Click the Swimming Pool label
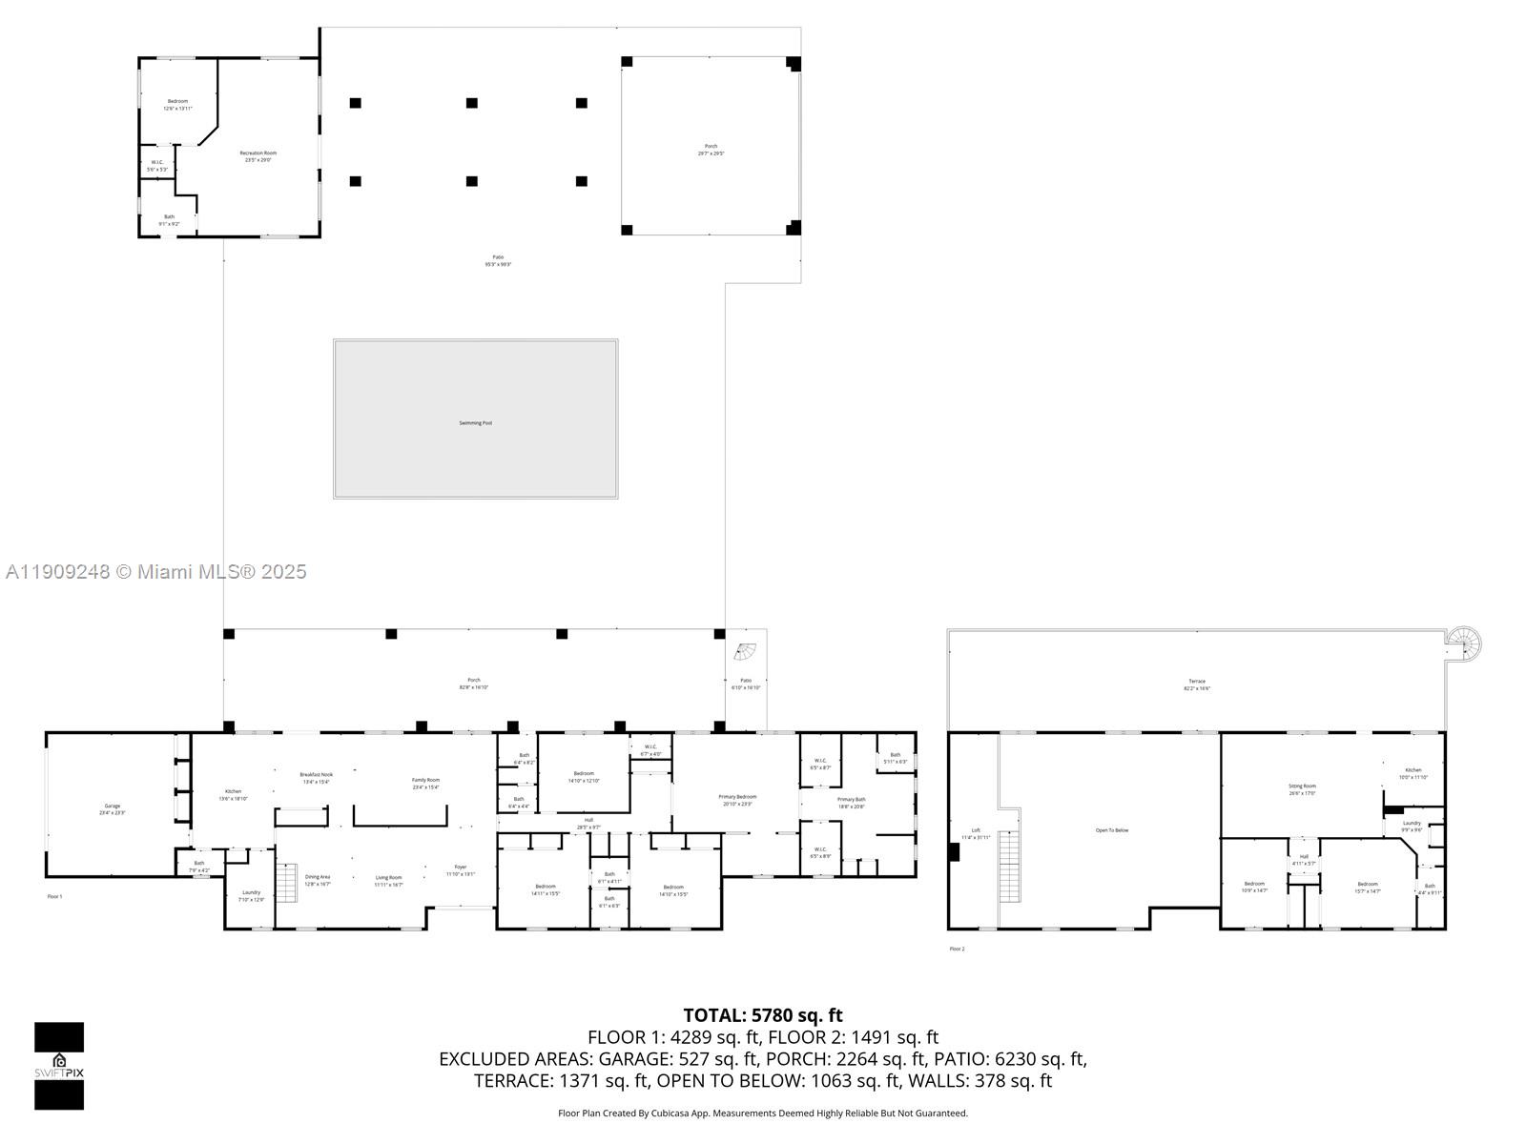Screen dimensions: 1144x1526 click(x=475, y=422)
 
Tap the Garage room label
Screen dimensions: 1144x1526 click(x=113, y=808)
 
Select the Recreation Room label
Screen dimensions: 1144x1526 click(x=258, y=156)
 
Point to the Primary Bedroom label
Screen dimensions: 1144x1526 click(x=737, y=800)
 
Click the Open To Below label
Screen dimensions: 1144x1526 click(x=1112, y=830)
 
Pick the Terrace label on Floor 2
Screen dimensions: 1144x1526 click(x=1197, y=684)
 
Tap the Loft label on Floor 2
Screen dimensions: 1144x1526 click(x=976, y=833)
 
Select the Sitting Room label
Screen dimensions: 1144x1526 click(x=1302, y=789)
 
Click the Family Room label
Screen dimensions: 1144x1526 click(x=425, y=783)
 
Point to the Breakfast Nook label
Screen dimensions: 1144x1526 click(x=316, y=778)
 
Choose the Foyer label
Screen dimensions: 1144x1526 click(x=461, y=870)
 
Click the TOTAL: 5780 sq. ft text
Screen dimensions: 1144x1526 click(x=763, y=1015)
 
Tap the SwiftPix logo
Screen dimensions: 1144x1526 click(x=59, y=1066)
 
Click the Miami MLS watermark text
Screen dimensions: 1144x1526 click(x=156, y=571)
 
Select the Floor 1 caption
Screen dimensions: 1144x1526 click(x=54, y=896)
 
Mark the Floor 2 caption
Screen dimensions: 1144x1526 click(x=957, y=949)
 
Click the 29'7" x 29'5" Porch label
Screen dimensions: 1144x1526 click(x=711, y=149)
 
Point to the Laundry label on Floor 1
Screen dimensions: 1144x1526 click(x=251, y=895)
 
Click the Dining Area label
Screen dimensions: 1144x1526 click(x=318, y=880)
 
